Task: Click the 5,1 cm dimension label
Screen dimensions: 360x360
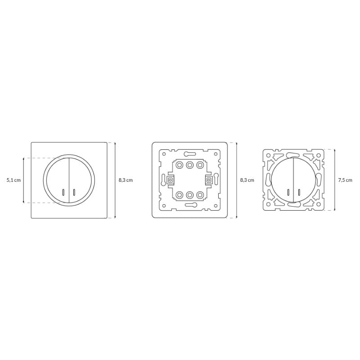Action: tap(13, 180)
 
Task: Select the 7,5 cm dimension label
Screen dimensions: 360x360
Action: tap(345, 180)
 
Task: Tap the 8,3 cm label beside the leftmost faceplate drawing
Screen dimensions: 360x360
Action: tap(126, 180)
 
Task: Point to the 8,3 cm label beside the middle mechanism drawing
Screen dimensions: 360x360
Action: tap(247, 180)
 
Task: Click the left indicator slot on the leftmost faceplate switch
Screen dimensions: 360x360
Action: tap(63, 192)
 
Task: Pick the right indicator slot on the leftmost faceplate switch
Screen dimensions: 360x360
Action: tap(74, 192)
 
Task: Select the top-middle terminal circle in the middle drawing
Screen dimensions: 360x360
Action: tap(189, 165)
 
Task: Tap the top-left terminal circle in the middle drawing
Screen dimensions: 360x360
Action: tap(179, 165)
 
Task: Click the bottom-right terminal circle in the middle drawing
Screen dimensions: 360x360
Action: tap(200, 195)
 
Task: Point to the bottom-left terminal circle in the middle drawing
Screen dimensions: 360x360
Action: tap(179, 195)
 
